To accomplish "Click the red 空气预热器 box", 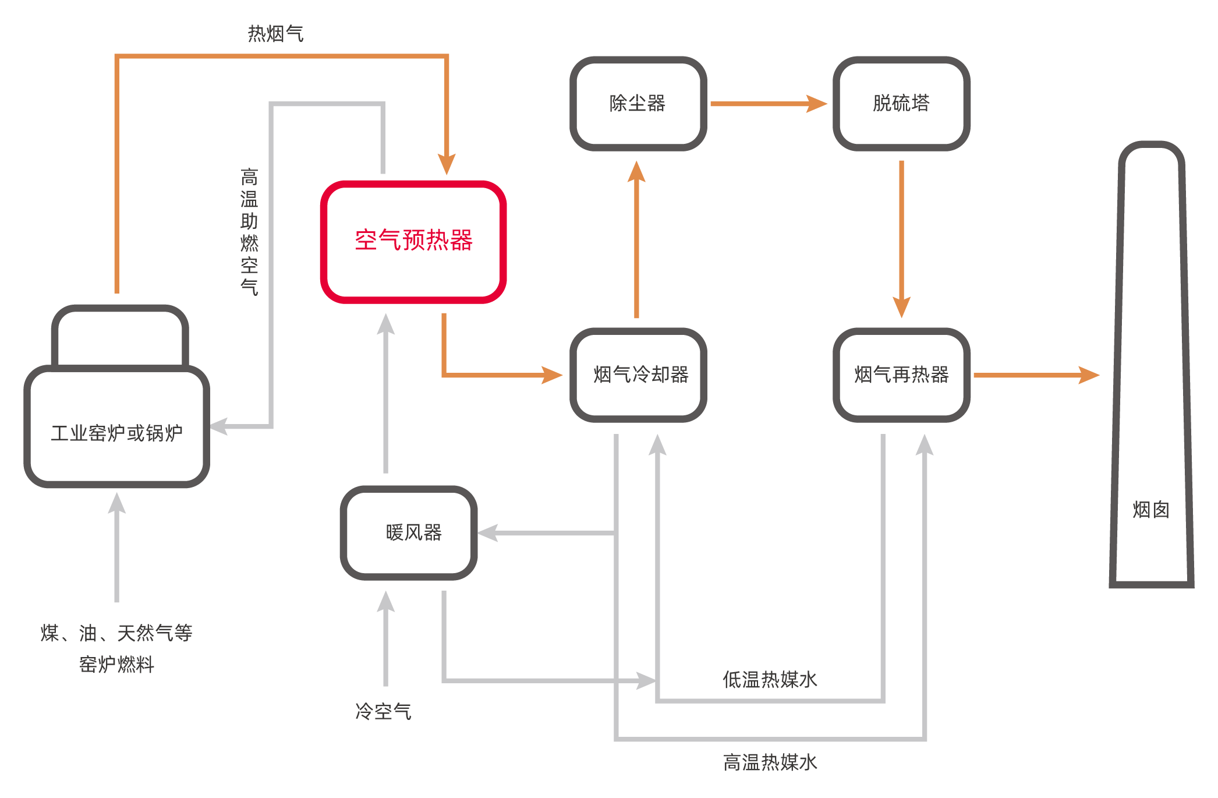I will click(413, 241).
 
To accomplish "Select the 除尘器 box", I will click(638, 104).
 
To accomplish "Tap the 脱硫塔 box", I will click(901, 104).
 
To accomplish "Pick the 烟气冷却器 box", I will click(638, 375).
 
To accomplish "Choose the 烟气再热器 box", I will click(901, 375).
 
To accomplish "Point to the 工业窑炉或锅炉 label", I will click(117, 433).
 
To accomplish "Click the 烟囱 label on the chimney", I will click(1150, 510).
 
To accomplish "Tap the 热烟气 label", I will click(275, 34).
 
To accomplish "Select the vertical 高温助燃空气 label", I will click(249, 232).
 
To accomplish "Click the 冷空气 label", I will click(383, 711).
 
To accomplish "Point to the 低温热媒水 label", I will click(770, 679).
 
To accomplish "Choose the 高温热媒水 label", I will click(770, 762).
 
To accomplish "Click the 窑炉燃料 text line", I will click(117, 664).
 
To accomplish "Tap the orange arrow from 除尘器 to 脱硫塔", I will click(769, 104).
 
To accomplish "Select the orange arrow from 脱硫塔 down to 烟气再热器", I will click(901, 239).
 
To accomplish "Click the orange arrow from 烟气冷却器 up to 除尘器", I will click(636, 239).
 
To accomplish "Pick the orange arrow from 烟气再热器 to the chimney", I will click(1036, 375).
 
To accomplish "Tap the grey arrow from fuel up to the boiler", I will click(117, 548).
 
